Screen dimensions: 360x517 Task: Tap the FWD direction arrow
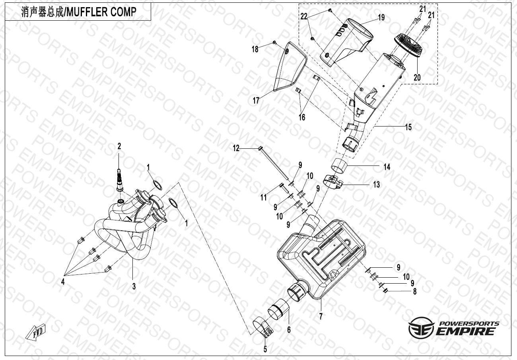pos(35,332)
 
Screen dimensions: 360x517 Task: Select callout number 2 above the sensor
pos(119,147)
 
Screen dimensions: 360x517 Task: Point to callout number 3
pos(134,286)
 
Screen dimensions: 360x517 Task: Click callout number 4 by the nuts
pos(62,282)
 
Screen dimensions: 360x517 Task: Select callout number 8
pos(415,292)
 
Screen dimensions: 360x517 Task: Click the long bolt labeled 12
pos(274,163)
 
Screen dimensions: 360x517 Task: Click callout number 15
pos(408,127)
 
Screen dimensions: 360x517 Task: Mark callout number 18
pos(255,49)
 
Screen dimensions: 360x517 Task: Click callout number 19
pos(381,18)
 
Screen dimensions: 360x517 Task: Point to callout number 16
pos(302,117)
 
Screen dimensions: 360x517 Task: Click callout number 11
pos(263,197)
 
